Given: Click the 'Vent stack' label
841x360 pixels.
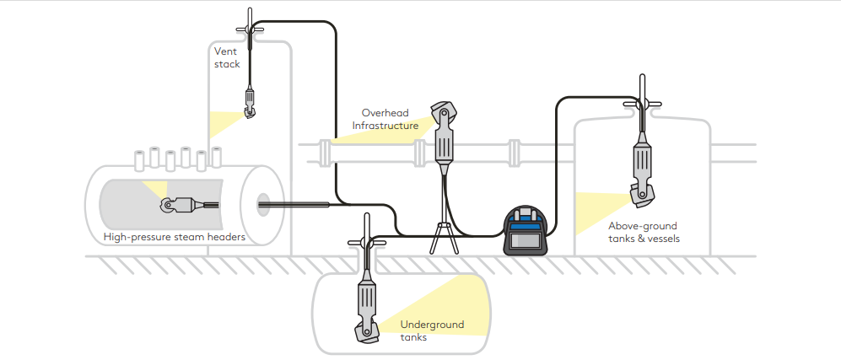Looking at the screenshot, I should pyautogui.click(x=227, y=57).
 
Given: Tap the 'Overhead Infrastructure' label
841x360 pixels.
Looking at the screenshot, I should pyautogui.click(x=385, y=119).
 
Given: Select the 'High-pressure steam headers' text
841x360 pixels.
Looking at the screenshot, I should pyautogui.click(x=175, y=238).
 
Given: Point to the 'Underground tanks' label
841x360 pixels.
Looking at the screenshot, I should pyautogui.click(x=432, y=330).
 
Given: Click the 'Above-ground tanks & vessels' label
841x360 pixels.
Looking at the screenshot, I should pyautogui.click(x=644, y=232).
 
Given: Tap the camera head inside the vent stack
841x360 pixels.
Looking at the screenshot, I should pyautogui.click(x=250, y=107).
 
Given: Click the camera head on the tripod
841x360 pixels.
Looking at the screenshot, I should pyautogui.click(x=444, y=116).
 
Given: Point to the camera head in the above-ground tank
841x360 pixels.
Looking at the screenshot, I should pyautogui.click(x=642, y=195).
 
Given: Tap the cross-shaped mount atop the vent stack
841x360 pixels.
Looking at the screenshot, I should pyautogui.click(x=251, y=29).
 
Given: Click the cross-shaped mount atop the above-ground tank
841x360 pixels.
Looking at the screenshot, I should pyautogui.click(x=642, y=104).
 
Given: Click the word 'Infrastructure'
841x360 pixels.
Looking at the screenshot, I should pyautogui.click(x=385, y=126).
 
